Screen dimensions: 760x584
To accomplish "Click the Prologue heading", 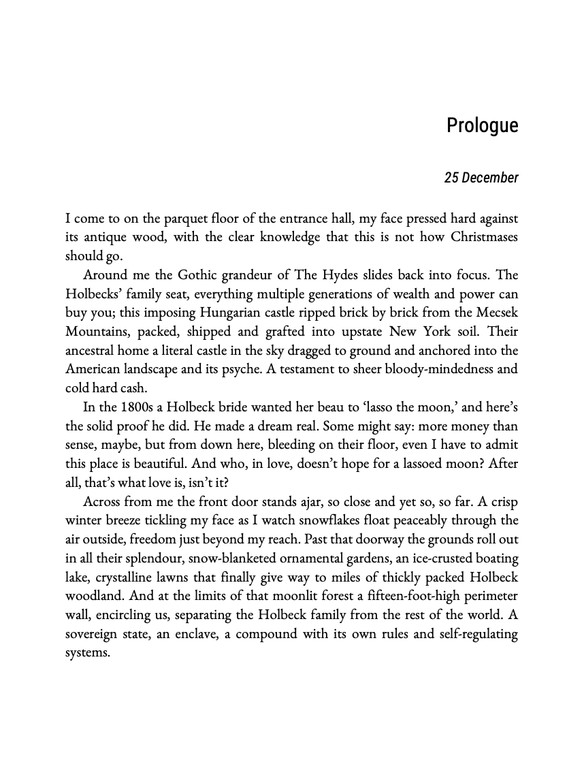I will point(482,126).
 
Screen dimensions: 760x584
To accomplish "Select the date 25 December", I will point(481,178).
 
